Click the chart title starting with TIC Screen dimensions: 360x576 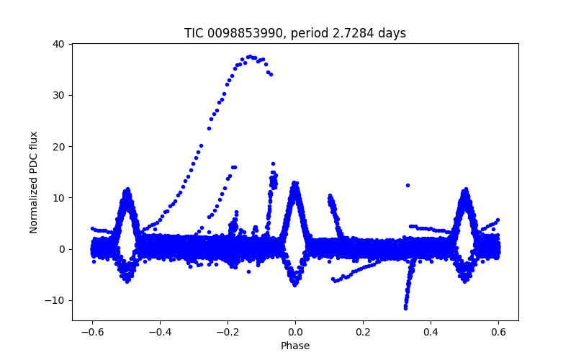[x=295, y=33]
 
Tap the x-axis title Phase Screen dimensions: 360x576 [x=295, y=346]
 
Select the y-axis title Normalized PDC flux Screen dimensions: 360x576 [x=34, y=182]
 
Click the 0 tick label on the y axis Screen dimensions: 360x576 [x=62, y=249]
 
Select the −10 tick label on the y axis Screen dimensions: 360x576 [x=56, y=300]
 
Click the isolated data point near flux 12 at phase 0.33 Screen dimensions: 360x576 [x=408, y=185]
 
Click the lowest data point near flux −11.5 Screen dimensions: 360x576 [x=405, y=308]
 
